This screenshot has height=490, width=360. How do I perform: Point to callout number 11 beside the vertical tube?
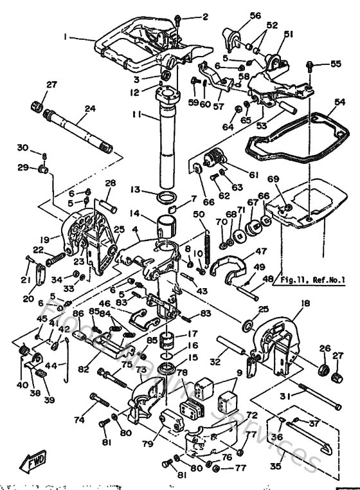pyautogui.click(x=136, y=114)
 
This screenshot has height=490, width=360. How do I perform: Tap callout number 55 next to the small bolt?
pyautogui.click(x=336, y=64)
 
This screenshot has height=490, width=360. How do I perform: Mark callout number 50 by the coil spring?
pyautogui.click(x=199, y=214)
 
